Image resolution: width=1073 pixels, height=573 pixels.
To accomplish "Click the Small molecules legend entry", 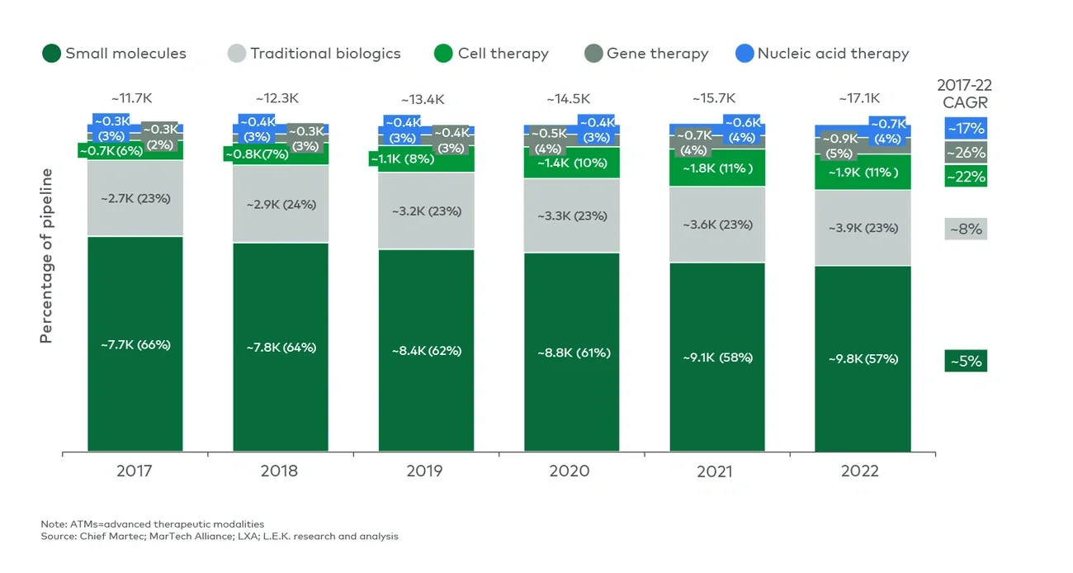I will pos(115,54).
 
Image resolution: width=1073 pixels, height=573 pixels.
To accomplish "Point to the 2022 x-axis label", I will pos(860,471).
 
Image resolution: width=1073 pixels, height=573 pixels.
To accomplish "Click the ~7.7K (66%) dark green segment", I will pos(135,344).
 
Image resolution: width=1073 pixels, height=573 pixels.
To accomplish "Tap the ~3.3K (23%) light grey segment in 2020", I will pos(572,215).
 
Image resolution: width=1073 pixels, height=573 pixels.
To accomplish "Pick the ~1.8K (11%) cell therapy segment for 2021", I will pos(717,168).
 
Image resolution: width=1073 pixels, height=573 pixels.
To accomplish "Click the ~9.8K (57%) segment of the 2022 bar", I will pos(863,358).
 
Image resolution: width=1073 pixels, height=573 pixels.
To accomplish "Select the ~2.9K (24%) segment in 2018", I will pos(281,204).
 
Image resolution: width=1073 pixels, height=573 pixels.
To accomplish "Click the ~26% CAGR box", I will pos(966,153).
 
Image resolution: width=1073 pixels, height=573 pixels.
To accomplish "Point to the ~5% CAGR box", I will pos(966,362).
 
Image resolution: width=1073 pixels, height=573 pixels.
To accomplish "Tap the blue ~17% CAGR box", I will pos(966,128).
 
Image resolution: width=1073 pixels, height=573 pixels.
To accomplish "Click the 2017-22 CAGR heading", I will pos(965,93).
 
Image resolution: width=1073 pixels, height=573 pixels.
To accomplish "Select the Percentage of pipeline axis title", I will pos(47,256).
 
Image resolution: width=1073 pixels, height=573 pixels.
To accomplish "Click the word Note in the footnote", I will pos(53,524).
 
